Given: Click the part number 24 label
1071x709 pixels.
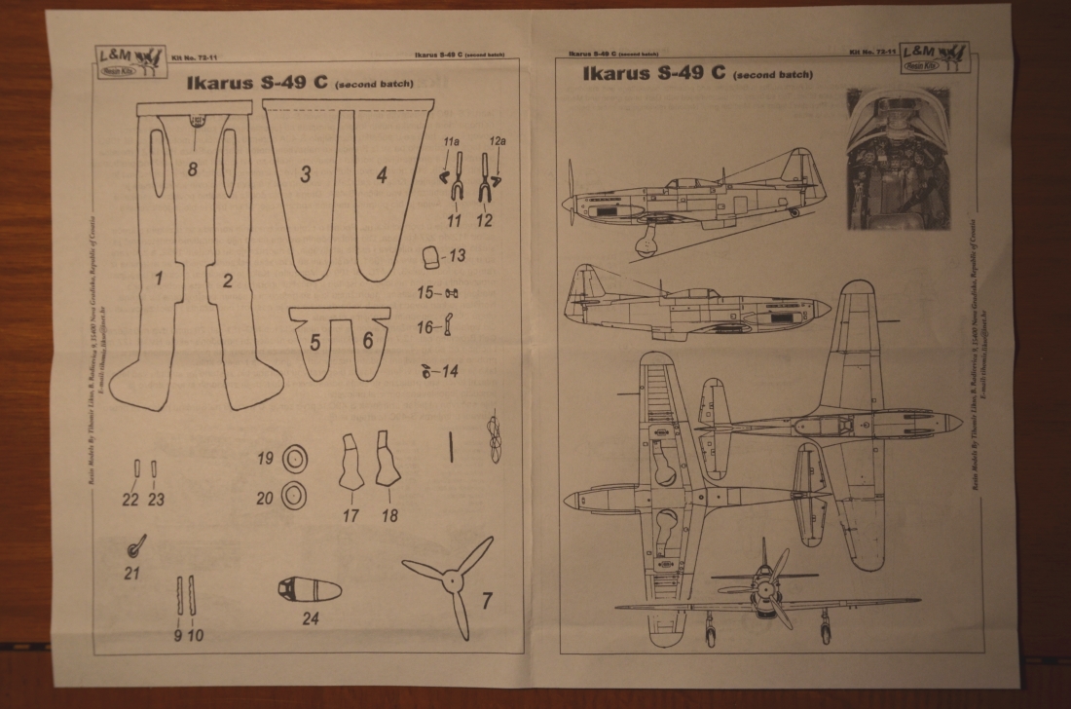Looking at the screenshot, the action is tap(311, 617).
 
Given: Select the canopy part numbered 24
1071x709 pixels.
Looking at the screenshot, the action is tap(309, 590).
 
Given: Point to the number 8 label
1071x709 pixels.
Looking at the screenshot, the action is tap(193, 168).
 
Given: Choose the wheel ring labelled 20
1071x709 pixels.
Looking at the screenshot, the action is tap(295, 496).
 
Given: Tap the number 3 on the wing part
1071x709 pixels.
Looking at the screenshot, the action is tap(306, 175).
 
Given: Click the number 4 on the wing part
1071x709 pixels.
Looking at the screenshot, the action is tap(382, 175).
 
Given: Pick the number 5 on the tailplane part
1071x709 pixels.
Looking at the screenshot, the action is tap(315, 343).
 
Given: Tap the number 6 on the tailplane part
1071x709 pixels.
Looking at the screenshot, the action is tap(368, 341).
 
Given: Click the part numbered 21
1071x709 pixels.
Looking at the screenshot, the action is tap(137, 543).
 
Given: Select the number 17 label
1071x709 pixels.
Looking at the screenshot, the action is tap(351, 515).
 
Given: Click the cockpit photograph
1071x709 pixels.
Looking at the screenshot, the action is tap(897, 159).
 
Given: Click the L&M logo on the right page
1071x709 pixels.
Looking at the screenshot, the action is tap(934, 57).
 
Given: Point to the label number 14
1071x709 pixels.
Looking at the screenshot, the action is tap(449, 371).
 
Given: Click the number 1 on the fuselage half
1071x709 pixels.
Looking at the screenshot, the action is tap(158, 279).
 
